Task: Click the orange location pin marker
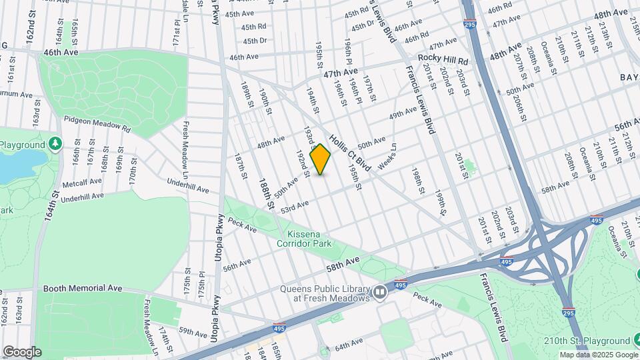pyautogui.click(x=321, y=159)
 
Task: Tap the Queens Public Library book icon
pyautogui.click(x=380, y=293)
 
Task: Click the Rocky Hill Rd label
pyautogui.click(x=443, y=60)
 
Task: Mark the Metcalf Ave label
pyautogui.click(x=82, y=181)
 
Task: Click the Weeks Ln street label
pyautogui.click(x=387, y=156)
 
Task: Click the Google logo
pyautogui.click(x=22, y=351)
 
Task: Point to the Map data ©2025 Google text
pyautogui.click(x=598, y=355)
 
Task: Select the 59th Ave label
pyautogui.click(x=193, y=332)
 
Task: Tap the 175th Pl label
pyautogui.click(x=201, y=283)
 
